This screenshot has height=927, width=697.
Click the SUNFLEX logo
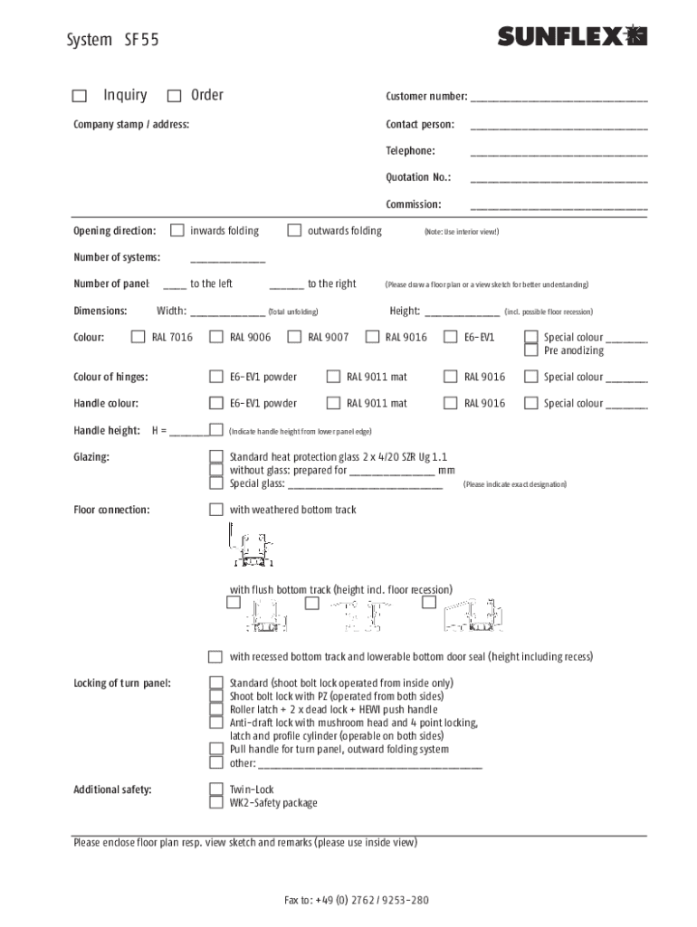[x=572, y=36]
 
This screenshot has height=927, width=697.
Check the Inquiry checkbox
[x=80, y=96]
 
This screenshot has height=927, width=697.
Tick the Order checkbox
[x=174, y=96]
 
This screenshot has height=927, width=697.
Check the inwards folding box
[x=177, y=231]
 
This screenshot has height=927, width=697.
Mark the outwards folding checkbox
[x=294, y=231]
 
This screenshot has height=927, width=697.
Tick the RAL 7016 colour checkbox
[x=138, y=338]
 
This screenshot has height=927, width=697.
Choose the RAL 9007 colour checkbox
[x=293, y=338]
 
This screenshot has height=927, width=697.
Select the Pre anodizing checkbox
[x=531, y=351]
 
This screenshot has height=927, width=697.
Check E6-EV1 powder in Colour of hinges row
[x=215, y=377]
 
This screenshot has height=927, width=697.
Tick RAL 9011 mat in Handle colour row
[x=332, y=404]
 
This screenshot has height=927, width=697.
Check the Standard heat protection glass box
[x=215, y=457]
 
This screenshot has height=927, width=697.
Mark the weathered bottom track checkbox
[x=215, y=511]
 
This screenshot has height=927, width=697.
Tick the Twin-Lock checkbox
[x=215, y=789]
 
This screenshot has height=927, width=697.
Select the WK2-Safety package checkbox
[x=215, y=803]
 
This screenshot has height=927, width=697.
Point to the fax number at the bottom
[x=356, y=901]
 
